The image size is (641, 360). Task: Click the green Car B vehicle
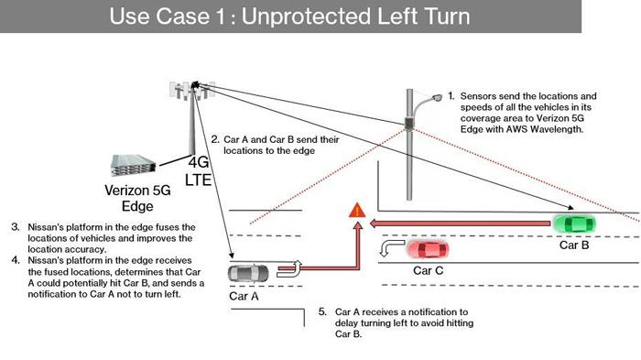coord(574,224)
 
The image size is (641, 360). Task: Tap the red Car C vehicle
coord(428,249)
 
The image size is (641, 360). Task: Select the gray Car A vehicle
coord(248,274)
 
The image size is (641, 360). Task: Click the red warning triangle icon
coord(357,211)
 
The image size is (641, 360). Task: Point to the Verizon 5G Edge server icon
coord(133,165)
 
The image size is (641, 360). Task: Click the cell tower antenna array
coord(192,90)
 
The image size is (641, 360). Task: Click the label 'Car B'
coord(574,245)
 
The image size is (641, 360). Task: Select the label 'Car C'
coord(428,270)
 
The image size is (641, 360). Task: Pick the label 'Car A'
coord(244,296)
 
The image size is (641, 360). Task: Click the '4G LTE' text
coord(199,171)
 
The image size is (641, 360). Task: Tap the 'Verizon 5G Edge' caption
coord(137,198)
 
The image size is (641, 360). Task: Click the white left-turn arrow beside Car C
coord(391,248)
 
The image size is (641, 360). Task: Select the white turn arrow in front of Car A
coord(290,268)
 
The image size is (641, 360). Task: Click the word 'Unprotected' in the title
coord(307,16)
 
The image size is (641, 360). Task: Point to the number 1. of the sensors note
coord(451,96)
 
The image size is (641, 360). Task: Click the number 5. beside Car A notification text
coord(322,311)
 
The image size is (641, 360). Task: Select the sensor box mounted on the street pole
coord(408,124)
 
